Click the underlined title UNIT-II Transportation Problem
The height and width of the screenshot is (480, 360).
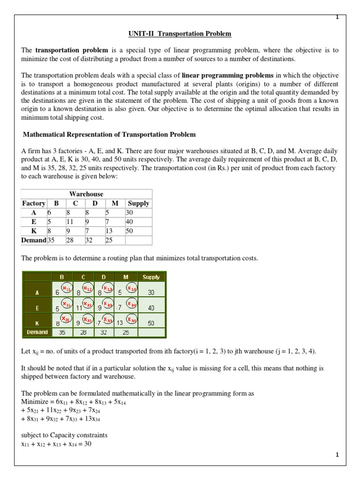[x=180, y=34]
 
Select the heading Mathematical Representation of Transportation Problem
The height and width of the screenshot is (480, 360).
[x=110, y=135]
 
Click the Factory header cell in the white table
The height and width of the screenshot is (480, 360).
[x=33, y=203]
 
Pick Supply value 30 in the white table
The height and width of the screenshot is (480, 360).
[x=130, y=212]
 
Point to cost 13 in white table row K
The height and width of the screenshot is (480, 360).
[x=109, y=231]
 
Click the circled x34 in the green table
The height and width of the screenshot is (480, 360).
[x=132, y=320]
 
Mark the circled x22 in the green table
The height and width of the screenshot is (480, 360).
[x=87, y=305]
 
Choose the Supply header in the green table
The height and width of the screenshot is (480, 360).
[x=151, y=277]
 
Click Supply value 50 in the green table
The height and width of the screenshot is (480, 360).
[x=151, y=323]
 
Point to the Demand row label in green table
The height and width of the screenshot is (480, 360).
[x=37, y=332]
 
